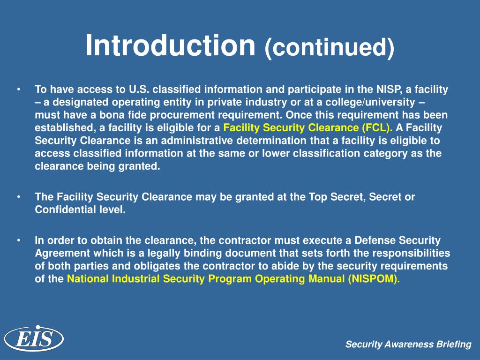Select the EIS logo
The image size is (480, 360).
tap(34, 338)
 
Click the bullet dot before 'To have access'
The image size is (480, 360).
tap(18, 90)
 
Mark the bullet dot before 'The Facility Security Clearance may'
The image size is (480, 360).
tap(18, 197)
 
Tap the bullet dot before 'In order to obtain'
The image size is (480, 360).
tap(18, 241)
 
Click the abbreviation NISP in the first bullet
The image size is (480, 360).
tap(388, 90)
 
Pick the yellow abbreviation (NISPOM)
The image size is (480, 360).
tap(375, 279)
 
